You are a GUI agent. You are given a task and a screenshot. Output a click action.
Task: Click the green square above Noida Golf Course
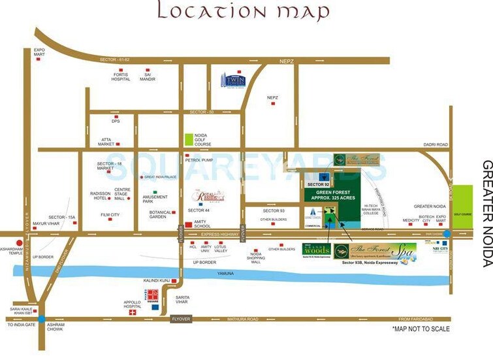(x=189, y=138)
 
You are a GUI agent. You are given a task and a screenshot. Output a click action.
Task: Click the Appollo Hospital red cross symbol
(x=133, y=313)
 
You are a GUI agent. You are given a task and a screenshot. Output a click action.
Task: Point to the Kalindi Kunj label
(x=156, y=280)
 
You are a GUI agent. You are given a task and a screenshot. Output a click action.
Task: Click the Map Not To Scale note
(x=420, y=329)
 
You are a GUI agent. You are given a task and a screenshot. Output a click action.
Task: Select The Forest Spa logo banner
(x=374, y=252)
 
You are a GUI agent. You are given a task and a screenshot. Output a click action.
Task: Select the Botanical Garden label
(x=160, y=214)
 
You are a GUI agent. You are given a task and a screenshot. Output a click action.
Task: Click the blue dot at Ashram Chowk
(x=41, y=319)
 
